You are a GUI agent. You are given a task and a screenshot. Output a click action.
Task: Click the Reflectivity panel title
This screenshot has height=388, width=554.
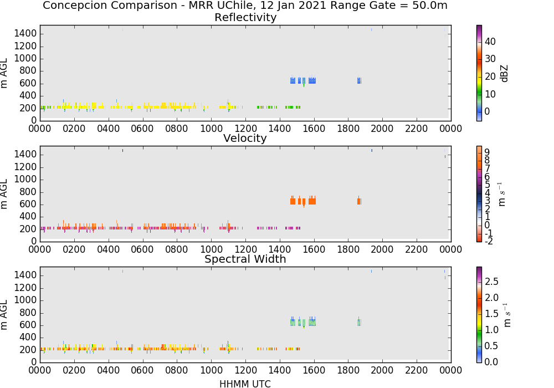[245, 17]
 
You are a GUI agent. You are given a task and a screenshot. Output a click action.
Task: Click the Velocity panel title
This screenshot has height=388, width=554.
[245, 138]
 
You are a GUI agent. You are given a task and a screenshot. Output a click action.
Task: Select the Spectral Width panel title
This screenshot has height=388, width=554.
[245, 259]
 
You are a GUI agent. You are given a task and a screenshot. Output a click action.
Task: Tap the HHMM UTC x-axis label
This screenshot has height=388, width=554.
[245, 384]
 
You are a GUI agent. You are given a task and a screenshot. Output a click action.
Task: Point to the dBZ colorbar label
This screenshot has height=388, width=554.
[504, 74]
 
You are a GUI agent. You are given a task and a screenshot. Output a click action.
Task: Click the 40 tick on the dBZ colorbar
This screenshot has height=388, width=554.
[490, 42]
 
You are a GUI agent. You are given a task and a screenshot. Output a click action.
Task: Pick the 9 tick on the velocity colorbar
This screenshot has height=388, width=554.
[487, 152]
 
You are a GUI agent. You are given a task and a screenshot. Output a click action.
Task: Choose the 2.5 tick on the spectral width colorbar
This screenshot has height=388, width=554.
[491, 281]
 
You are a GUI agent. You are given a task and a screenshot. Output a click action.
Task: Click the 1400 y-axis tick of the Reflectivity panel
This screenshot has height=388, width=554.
[25, 34]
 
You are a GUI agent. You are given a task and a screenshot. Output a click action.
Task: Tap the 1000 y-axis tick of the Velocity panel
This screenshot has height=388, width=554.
[25, 179]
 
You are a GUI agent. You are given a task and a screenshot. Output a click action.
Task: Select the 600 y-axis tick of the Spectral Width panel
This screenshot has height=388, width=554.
[28, 325]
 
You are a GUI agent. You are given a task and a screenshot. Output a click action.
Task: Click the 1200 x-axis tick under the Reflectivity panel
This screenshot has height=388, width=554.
[245, 128]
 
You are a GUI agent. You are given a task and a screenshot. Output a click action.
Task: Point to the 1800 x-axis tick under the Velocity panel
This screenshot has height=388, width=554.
[348, 249]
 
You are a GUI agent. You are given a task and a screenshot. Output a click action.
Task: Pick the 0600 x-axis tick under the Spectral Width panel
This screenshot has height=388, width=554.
[142, 370]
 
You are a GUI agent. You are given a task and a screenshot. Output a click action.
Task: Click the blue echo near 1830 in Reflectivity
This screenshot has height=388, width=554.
[359, 80]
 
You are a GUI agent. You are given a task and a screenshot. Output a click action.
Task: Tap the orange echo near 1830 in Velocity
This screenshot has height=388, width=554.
[359, 201]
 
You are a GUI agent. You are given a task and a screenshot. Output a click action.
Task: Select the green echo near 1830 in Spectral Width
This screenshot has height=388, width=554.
[359, 322]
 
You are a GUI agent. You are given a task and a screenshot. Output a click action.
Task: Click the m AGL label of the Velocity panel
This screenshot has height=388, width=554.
[4, 194]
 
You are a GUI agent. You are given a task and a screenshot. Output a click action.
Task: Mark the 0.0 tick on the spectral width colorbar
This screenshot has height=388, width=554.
[491, 362]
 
